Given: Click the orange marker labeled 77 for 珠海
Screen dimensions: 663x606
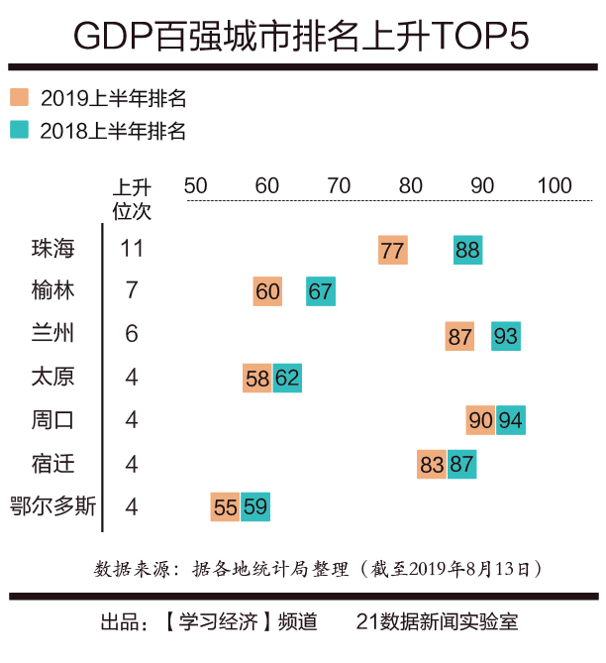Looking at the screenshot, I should point(392,250).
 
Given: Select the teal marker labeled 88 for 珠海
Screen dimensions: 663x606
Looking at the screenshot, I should point(467,250).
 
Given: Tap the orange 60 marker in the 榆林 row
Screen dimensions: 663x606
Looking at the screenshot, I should point(267,291).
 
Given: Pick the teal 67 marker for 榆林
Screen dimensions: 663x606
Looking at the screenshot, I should point(320,291).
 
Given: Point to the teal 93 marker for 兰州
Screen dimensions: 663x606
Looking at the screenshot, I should point(505,336).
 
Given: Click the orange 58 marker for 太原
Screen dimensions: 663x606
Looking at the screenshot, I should point(257,378).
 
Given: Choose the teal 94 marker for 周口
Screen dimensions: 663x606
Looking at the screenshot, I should point(511,420).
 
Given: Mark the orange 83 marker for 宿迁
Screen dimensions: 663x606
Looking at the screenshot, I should point(432,464).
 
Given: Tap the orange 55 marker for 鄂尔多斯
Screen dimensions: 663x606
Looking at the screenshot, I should point(226,506).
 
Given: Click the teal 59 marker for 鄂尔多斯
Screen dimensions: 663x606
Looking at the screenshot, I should point(255,506).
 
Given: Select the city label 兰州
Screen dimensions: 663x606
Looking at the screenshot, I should point(53,334).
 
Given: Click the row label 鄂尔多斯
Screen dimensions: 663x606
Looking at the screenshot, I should point(52,506).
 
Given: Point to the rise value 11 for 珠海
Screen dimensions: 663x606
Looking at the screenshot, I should point(132,248).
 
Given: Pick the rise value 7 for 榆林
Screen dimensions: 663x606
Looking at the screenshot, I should point(132,291).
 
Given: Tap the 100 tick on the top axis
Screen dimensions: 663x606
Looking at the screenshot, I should point(555,185).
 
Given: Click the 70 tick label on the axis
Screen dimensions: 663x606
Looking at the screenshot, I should point(339,185).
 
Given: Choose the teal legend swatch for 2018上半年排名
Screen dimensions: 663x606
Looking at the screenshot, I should point(19,129).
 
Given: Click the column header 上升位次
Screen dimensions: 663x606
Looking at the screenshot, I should point(132,198).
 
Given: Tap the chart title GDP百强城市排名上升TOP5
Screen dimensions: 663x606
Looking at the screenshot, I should point(302,36).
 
